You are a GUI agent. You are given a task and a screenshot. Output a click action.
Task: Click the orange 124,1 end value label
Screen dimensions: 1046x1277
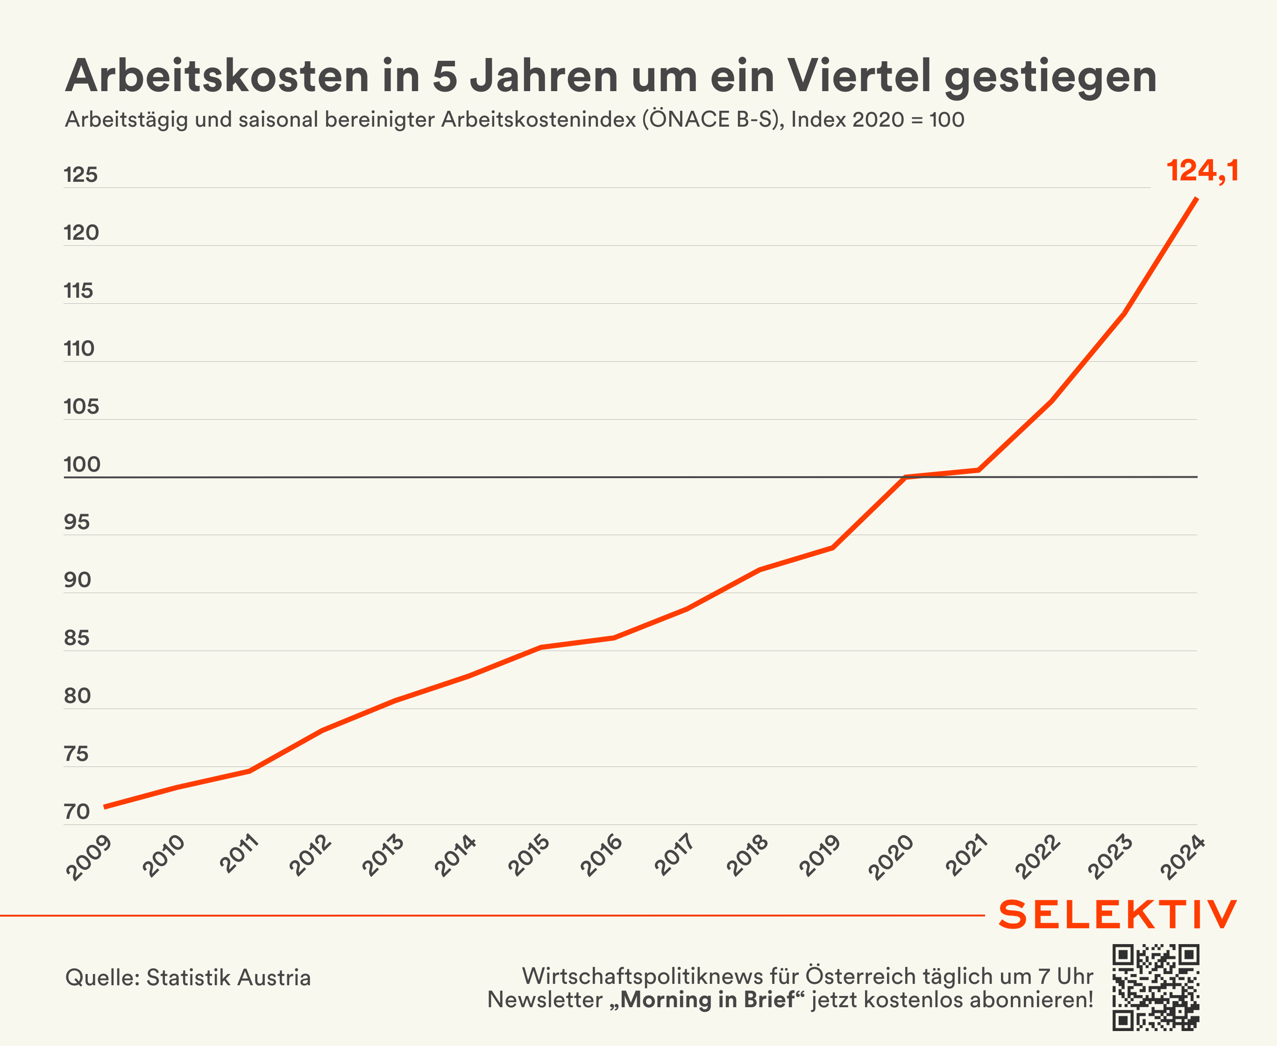click(1202, 171)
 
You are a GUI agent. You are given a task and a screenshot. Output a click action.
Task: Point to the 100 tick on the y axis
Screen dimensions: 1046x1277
click(82, 465)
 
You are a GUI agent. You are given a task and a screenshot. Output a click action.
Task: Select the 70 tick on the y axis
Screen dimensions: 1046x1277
click(77, 812)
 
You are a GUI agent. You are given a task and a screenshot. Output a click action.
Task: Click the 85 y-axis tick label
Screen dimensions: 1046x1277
click(77, 638)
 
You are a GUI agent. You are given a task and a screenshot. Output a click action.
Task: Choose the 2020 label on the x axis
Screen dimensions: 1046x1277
click(892, 858)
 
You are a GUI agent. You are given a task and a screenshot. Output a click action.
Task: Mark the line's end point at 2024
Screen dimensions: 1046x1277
click(1196, 198)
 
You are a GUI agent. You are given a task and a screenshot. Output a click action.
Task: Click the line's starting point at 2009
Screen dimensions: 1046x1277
click(104, 807)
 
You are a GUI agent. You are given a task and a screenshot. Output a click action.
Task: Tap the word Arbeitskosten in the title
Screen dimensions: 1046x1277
click(217, 77)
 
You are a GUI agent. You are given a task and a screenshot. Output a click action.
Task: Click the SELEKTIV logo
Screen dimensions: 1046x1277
click(1117, 915)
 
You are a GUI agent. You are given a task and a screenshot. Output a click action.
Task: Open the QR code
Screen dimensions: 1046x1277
click(1156, 988)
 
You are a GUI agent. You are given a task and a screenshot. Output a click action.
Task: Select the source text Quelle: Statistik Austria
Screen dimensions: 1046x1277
click(188, 977)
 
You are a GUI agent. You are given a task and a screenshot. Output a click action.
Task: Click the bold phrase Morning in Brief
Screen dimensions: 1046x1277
click(708, 1000)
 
